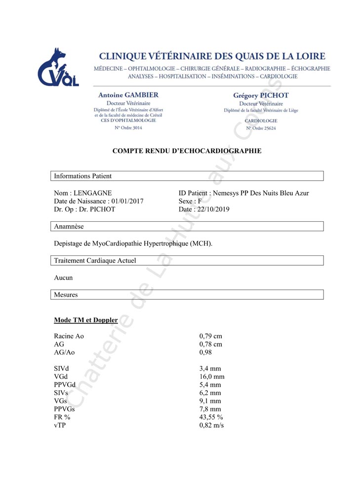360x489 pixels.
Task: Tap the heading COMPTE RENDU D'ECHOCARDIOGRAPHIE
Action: coord(187,151)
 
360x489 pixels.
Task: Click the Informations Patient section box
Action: coord(187,176)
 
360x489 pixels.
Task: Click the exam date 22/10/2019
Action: coord(212,209)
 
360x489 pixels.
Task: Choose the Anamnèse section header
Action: coord(187,226)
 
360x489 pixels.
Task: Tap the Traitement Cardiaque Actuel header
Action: coord(187,260)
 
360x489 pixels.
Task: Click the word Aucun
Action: coord(63,278)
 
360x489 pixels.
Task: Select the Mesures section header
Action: coord(187,294)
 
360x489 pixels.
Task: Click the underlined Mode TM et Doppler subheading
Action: coord(85,320)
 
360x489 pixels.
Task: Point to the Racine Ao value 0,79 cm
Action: coord(210,336)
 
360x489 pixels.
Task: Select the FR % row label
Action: coord(62,417)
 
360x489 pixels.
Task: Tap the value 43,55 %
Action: coord(211,417)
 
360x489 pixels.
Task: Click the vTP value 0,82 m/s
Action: coord(211,425)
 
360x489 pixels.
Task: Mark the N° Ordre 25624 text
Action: coord(261,128)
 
